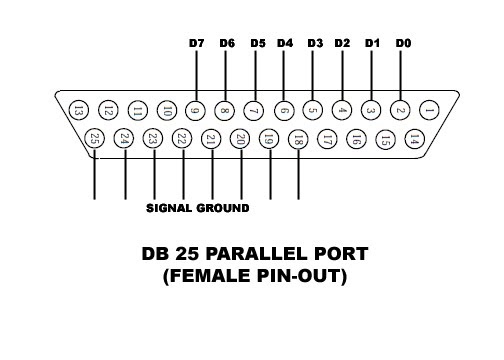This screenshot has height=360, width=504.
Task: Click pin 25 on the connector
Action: click(95, 139)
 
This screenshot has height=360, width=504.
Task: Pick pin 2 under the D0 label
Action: click(401, 109)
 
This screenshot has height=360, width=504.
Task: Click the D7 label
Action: click(197, 44)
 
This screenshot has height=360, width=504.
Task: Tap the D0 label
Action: click(402, 44)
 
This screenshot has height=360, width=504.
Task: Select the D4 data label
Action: click(285, 44)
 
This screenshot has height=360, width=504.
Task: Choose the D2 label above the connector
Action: click(343, 44)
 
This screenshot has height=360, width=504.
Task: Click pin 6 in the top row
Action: click(284, 109)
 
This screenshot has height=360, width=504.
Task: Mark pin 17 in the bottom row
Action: click(327, 139)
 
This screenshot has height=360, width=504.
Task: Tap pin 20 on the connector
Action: click(240, 139)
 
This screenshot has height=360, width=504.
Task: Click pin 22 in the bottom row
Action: click(182, 139)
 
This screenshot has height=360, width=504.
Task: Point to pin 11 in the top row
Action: click(138, 109)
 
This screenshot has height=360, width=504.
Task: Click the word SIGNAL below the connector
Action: click(170, 209)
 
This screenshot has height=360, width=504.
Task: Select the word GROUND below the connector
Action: click(224, 209)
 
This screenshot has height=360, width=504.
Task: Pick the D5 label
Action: click(257, 44)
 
